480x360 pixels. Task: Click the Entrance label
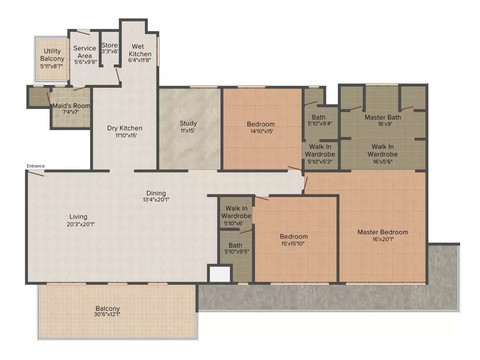pos(36,166)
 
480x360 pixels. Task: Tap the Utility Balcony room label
pos(53,55)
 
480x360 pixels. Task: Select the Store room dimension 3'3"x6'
pos(110,51)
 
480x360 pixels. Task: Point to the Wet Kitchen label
pos(140,50)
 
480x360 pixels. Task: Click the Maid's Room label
pos(71,106)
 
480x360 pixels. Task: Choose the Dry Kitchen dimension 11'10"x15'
pos(126,135)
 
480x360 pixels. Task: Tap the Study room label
pos(188,123)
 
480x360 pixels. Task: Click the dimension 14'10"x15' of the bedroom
pos(262,131)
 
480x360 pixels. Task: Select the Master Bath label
pos(383,117)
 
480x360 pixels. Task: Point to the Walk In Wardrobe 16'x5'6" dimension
pos(383,162)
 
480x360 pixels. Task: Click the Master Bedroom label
pos(383,232)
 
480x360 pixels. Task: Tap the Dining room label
pos(156,193)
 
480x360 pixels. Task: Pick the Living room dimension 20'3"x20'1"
pos(81,224)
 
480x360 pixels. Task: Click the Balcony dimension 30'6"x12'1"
pos(107,314)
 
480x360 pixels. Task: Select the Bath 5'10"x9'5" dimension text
pos(237,252)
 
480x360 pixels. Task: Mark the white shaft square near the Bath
pos(220,274)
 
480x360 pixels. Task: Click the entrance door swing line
pos(36,173)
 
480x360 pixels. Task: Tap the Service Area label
pos(85,52)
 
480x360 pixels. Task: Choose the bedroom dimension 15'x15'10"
pos(293,244)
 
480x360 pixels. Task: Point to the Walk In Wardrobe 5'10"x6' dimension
pos(234,223)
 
